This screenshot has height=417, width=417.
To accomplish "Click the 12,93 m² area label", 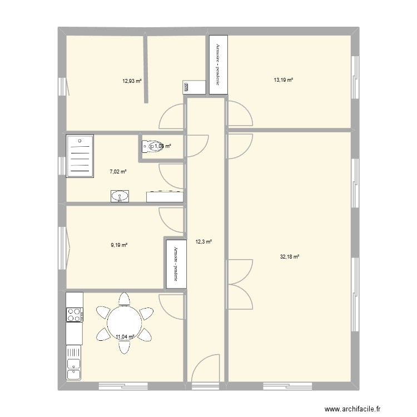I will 132,81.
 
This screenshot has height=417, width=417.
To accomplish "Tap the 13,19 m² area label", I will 283,80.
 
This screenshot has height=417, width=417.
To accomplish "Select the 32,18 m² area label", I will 289,257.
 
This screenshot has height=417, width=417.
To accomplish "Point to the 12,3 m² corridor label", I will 203,241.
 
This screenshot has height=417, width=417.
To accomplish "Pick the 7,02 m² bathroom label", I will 117,172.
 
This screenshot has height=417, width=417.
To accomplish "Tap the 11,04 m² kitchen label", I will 125,336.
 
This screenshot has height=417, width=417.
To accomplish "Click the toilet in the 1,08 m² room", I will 149,146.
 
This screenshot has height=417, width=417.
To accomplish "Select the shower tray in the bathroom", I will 80,155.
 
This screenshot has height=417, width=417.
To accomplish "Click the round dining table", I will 125,322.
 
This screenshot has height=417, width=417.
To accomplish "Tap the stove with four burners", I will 74,315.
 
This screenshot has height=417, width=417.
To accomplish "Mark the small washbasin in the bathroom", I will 120,196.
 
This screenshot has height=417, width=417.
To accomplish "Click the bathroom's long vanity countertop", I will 165,196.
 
